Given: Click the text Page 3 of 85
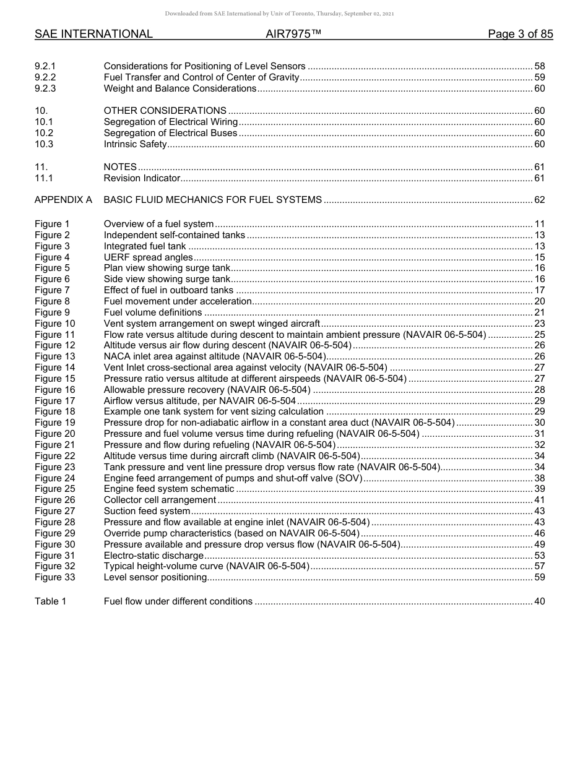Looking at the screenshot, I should pos(520,34).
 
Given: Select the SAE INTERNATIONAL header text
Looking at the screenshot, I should pos(93,34).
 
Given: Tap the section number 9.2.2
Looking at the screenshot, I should pos(45,77).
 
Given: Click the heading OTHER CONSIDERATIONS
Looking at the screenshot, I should pos(165,111).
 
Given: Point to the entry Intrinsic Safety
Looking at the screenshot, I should pos(135,144).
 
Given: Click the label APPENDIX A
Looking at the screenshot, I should pos(63,200).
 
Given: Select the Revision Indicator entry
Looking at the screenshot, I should pos(142,178).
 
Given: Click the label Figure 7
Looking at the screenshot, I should pos(52,290).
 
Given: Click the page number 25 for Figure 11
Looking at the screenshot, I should pos(539,335).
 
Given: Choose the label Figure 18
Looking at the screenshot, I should pos(54,411).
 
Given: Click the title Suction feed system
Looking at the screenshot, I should pos(147,511).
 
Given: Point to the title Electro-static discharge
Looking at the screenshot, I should pos(153,556).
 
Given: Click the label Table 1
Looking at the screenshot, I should pos(50,601).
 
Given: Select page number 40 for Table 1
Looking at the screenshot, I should pos(539,601).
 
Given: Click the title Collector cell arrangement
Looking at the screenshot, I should pos(160,500).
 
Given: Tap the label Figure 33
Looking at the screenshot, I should pos(54,577).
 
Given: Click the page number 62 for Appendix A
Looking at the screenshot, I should pos(539,200).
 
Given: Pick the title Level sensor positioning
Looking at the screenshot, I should pos(155,577).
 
